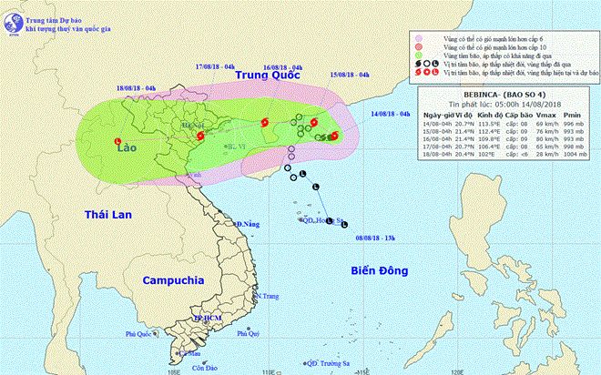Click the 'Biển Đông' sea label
382,269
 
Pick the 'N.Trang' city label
266,297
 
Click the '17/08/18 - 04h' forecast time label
219,66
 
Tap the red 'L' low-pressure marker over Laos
117,139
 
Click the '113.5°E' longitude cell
489,124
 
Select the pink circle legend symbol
418,38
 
